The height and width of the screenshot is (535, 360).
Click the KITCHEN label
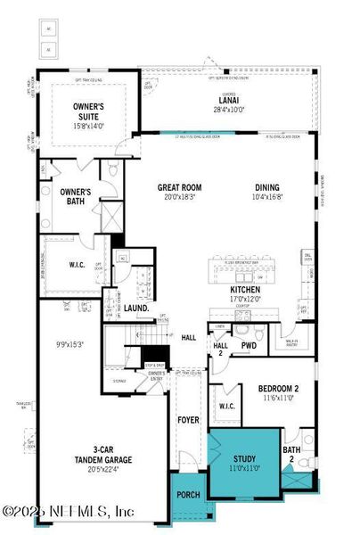pyautogui.click(x=244, y=291)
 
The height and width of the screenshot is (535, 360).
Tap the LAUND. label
pyautogui.click(x=135, y=309)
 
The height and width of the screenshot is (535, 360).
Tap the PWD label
pyautogui.click(x=249, y=344)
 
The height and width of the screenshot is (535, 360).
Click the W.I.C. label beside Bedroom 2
pyautogui.click(x=226, y=407)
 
